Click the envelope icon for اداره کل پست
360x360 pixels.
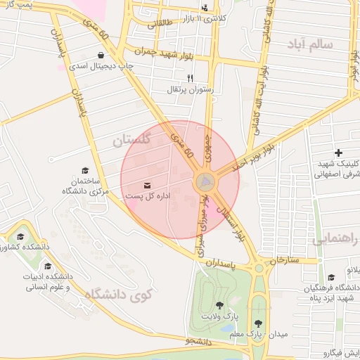[x=147, y=184]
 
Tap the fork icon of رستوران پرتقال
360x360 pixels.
[x=189, y=79]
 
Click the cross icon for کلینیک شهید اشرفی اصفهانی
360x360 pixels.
[x=338, y=153]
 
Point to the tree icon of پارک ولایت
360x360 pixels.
[x=220, y=305]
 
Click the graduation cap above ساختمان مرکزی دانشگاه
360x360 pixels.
[x=86, y=170]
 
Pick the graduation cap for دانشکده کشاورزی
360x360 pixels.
[x=20, y=236]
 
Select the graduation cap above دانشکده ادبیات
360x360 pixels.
[x=48, y=266]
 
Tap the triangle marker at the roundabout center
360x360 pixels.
[x=205, y=181]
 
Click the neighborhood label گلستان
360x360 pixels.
[x=131, y=141]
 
